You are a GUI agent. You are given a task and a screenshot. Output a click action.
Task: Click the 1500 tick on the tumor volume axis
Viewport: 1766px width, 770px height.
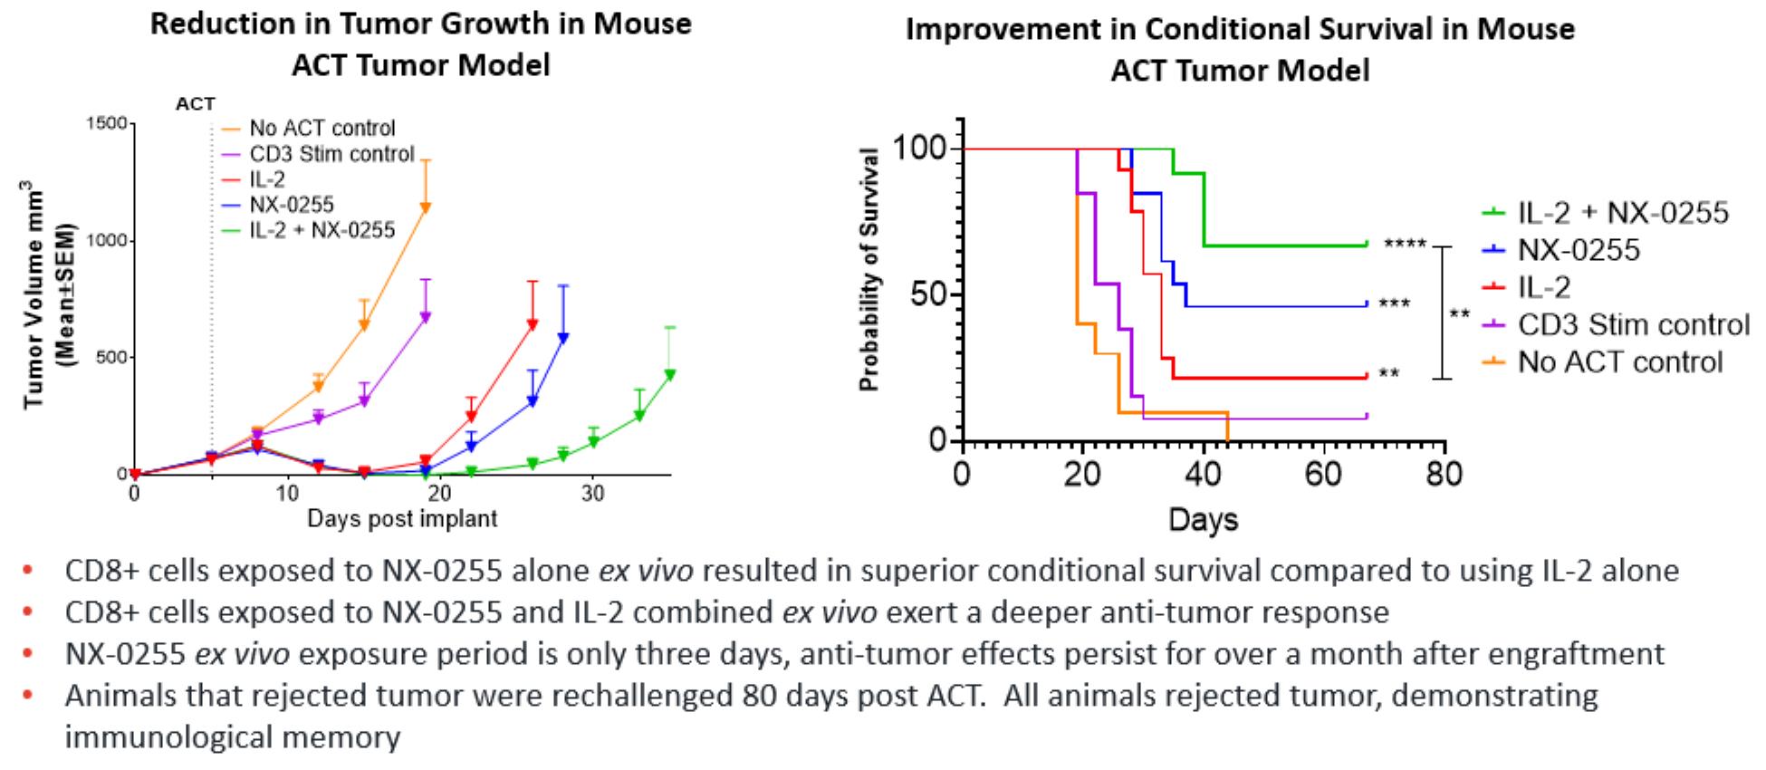click(106, 123)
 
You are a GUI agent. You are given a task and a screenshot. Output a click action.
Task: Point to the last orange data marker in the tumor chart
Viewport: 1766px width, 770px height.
click(425, 207)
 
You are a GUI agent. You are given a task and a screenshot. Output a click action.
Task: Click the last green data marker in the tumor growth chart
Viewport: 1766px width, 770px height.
click(670, 374)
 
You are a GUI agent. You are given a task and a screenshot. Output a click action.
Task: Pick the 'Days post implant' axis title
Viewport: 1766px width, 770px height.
click(402, 519)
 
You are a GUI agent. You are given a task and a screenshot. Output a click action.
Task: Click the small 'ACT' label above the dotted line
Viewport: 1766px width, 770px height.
click(196, 104)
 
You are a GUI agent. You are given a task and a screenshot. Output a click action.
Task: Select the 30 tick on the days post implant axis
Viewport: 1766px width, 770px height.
click(593, 494)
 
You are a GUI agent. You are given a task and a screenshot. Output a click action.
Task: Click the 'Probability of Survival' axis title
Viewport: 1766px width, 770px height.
click(869, 269)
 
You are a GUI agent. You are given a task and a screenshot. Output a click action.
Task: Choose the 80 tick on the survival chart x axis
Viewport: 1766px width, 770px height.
click(1444, 473)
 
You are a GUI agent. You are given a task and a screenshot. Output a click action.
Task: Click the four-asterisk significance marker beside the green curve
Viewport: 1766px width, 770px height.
click(1405, 245)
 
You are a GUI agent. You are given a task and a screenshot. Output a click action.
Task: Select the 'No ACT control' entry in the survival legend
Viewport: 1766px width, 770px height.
click(1620, 362)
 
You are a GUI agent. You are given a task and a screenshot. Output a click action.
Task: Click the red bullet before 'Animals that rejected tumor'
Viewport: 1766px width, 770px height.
click(28, 696)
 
